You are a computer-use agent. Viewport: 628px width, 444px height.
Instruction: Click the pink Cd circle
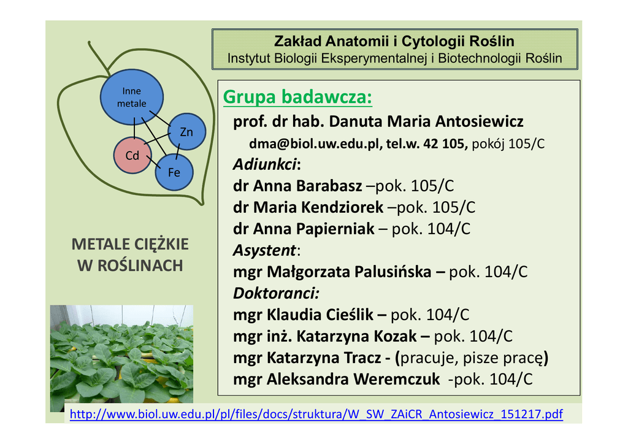pos(132,155)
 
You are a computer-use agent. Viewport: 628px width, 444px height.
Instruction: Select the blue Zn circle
pos(186,132)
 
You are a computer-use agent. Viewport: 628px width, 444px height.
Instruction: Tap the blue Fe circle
pos(174,172)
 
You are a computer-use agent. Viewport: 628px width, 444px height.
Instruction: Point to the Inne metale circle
pos(132,97)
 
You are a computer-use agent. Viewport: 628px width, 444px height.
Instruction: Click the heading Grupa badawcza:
pos(297,97)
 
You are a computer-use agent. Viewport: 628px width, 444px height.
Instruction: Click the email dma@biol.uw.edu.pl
pos(313,144)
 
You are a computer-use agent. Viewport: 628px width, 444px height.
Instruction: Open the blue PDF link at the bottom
pos(316,414)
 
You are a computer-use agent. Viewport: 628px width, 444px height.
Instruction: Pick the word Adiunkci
pos(265,164)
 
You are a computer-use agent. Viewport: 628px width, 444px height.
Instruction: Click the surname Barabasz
pos(329,186)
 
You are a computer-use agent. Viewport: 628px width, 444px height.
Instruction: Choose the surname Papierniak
pos(335,229)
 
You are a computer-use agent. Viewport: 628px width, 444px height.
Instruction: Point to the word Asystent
pos(264,250)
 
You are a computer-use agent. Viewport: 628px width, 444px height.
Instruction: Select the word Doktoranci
pos(275,293)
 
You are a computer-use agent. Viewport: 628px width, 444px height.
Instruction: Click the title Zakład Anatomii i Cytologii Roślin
pos(394,41)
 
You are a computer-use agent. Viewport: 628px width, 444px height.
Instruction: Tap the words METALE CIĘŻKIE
pos(130,244)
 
